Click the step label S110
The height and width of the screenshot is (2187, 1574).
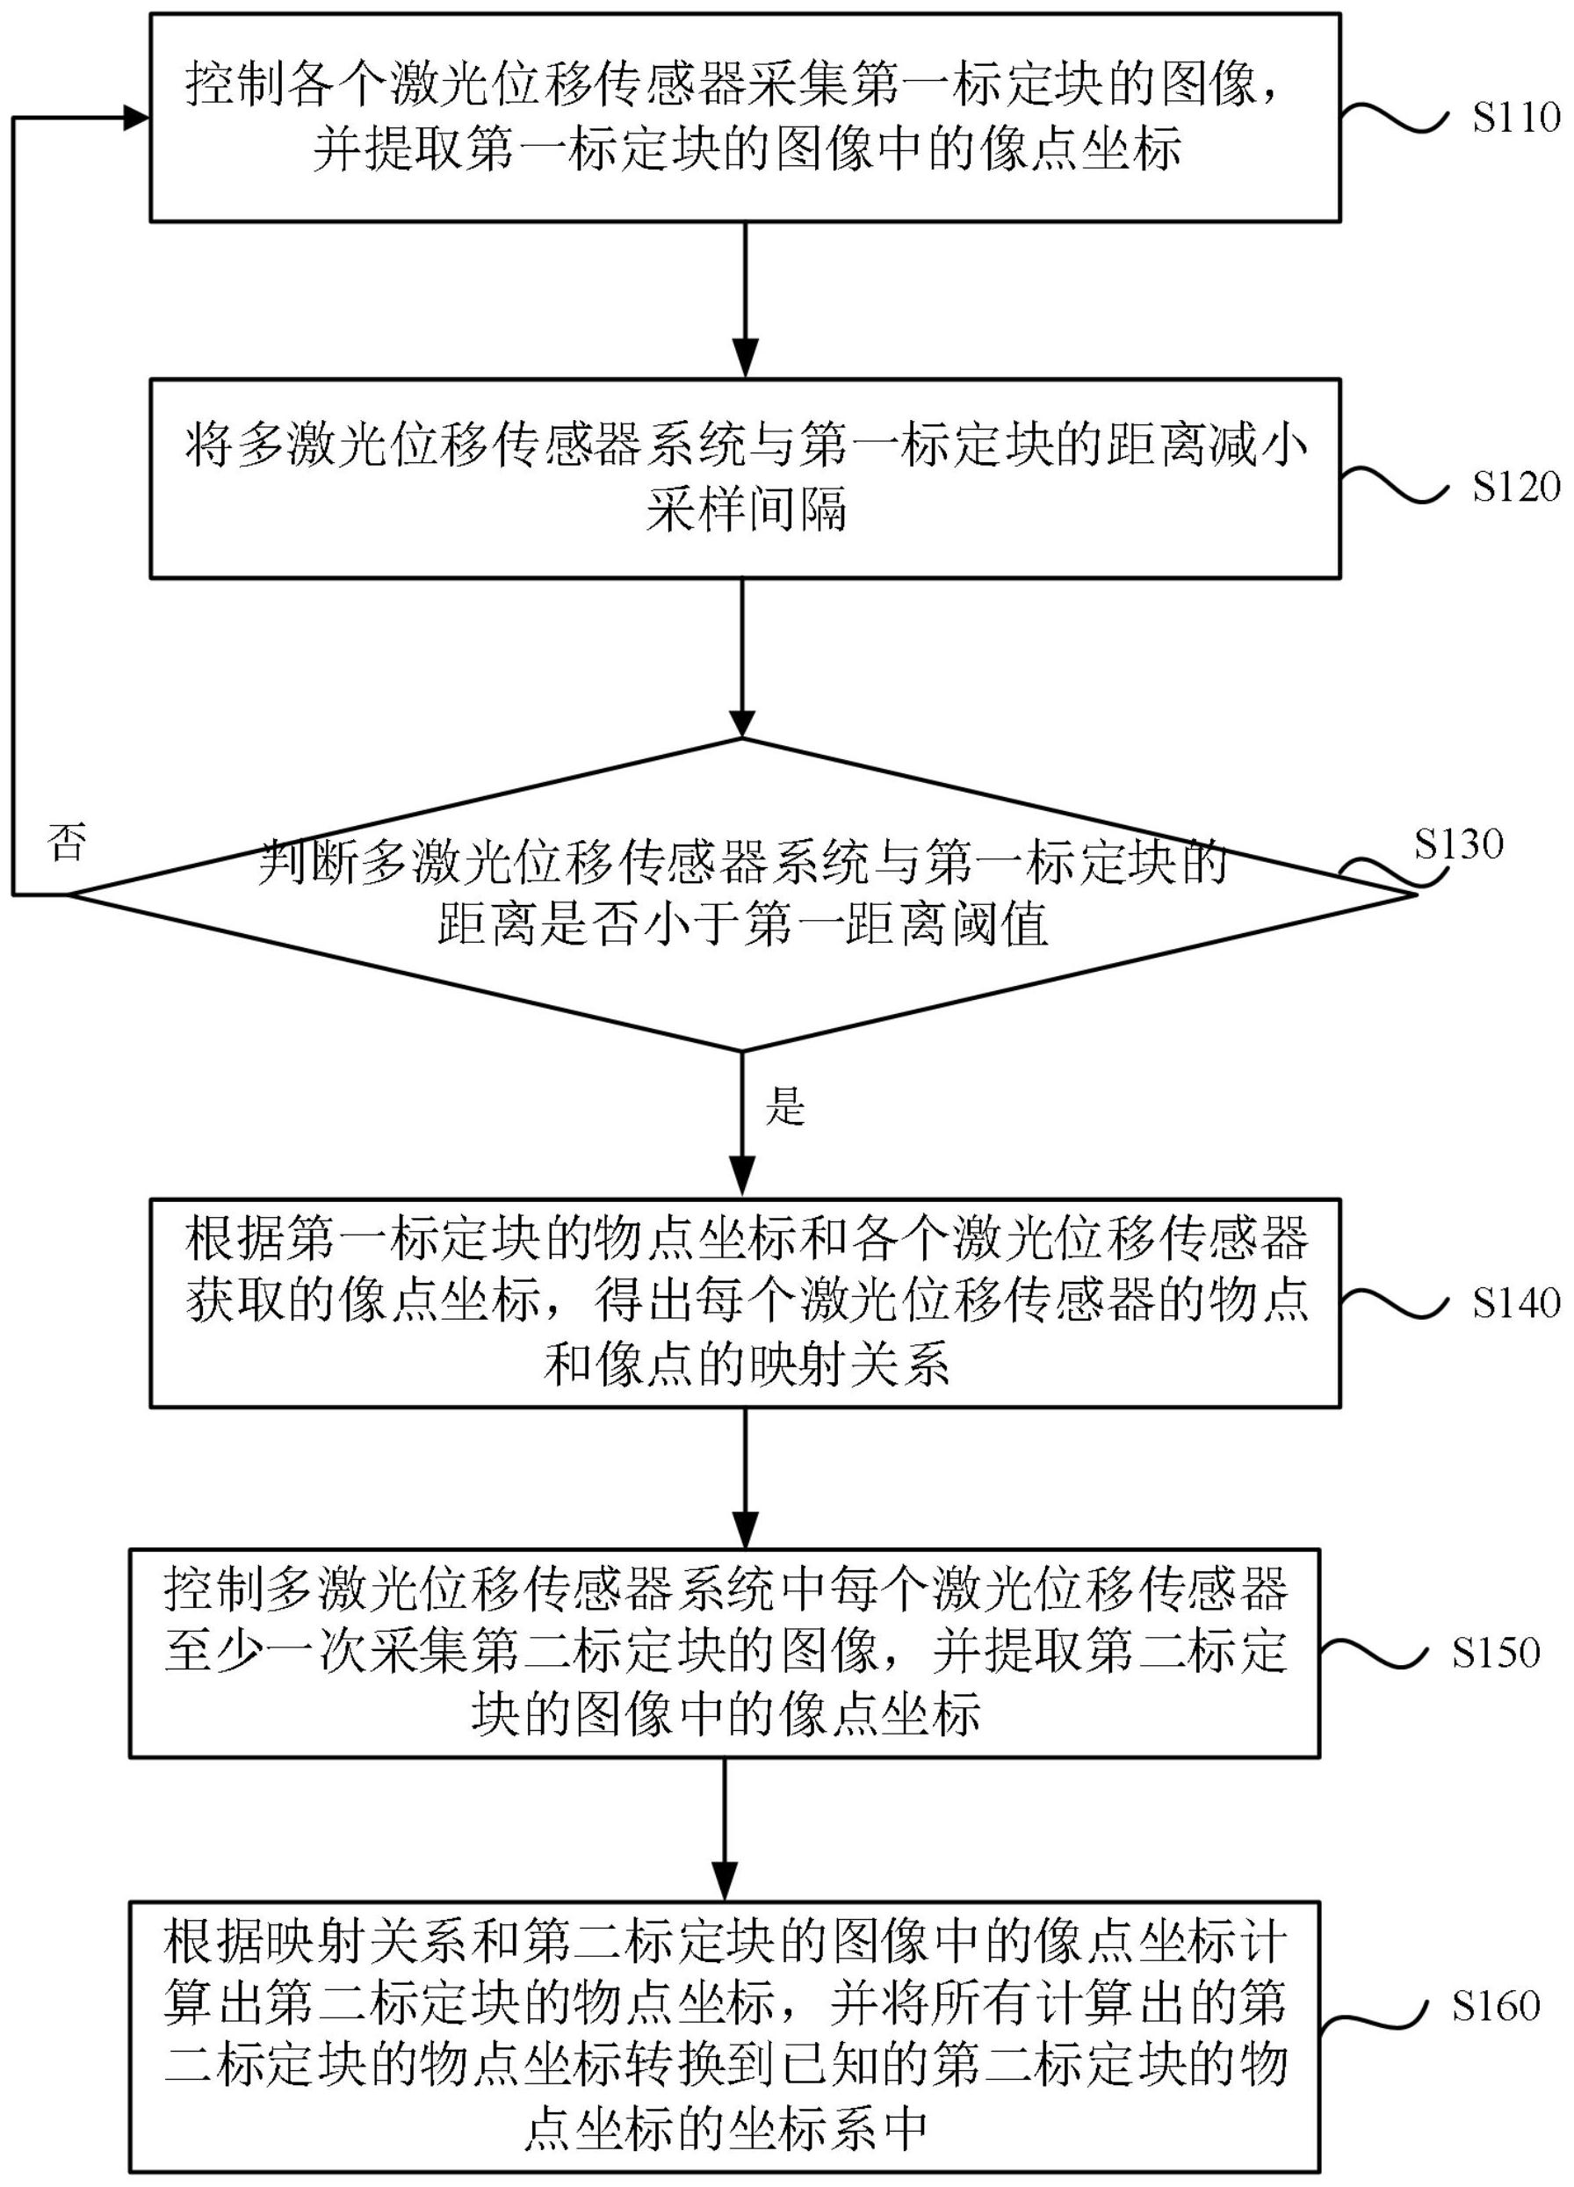tap(1515, 118)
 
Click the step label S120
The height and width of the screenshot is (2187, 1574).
tap(1515, 487)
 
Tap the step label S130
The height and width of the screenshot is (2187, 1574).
tap(1458, 844)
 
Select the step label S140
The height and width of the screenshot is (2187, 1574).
tap(1515, 1304)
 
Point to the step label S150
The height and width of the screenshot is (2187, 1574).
tap(1496, 1653)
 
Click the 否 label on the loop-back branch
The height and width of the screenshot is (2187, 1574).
tap(67, 843)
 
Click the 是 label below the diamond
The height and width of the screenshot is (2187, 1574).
tap(784, 1107)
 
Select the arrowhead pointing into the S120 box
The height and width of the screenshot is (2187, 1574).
tap(744, 359)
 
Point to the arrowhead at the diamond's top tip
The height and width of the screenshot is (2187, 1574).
tap(742, 721)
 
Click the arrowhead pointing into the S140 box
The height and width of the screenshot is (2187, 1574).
tap(744, 1179)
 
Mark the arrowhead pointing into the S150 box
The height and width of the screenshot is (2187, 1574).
tap(744, 1531)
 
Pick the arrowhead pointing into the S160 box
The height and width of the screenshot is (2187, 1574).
tap(725, 1881)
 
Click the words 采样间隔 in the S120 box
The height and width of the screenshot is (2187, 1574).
tap(745, 511)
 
